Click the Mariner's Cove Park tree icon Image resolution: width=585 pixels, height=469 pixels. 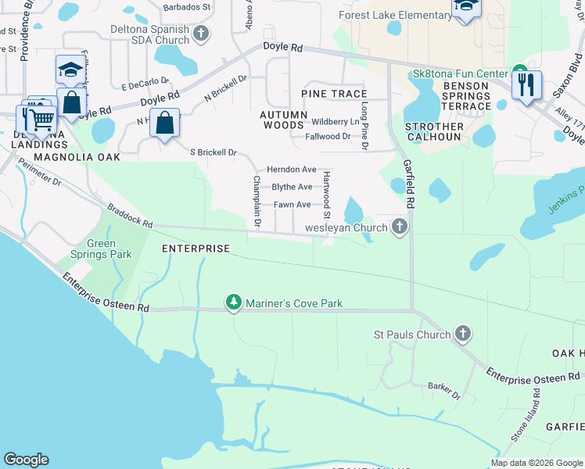click(233, 303)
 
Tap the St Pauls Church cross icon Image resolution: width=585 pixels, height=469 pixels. click(462, 335)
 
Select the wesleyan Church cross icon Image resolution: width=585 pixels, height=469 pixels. click(400, 227)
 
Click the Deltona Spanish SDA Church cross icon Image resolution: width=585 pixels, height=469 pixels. click(201, 34)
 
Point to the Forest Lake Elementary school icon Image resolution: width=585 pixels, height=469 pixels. click(465, 7)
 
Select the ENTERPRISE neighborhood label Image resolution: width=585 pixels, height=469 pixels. click(196, 249)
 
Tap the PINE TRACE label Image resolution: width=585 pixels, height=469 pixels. click(334, 94)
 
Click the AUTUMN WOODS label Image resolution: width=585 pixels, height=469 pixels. click(282, 120)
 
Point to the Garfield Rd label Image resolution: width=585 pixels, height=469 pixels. click(408, 183)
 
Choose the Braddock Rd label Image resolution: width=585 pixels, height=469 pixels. click(130, 217)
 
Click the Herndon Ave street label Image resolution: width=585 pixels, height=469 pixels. click(291, 169)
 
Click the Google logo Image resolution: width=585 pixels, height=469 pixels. click(26, 460)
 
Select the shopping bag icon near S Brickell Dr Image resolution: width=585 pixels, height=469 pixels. click(165, 124)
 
